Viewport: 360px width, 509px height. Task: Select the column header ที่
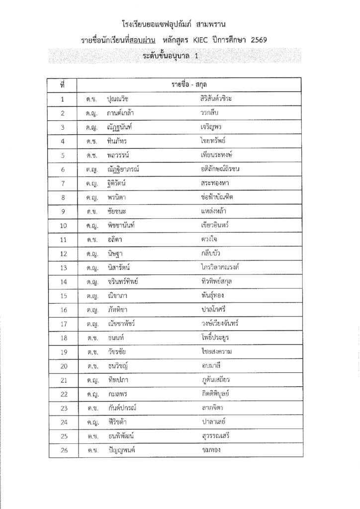[62, 85]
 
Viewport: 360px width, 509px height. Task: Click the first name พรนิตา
[118, 197]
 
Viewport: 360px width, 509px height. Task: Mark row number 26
[63, 451]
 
